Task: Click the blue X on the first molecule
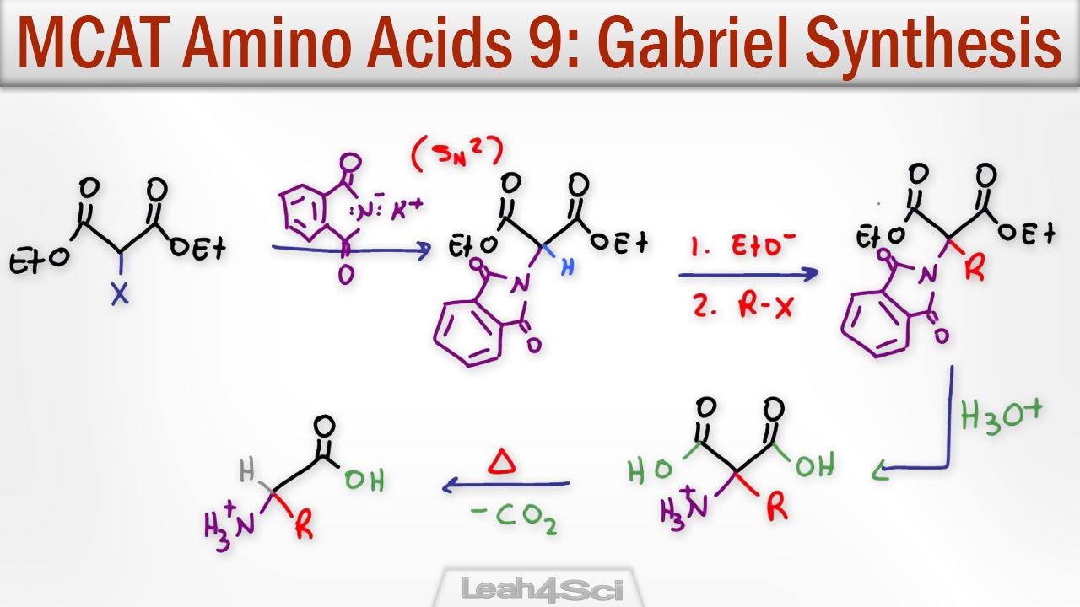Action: point(121,295)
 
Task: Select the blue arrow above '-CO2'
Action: point(505,485)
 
